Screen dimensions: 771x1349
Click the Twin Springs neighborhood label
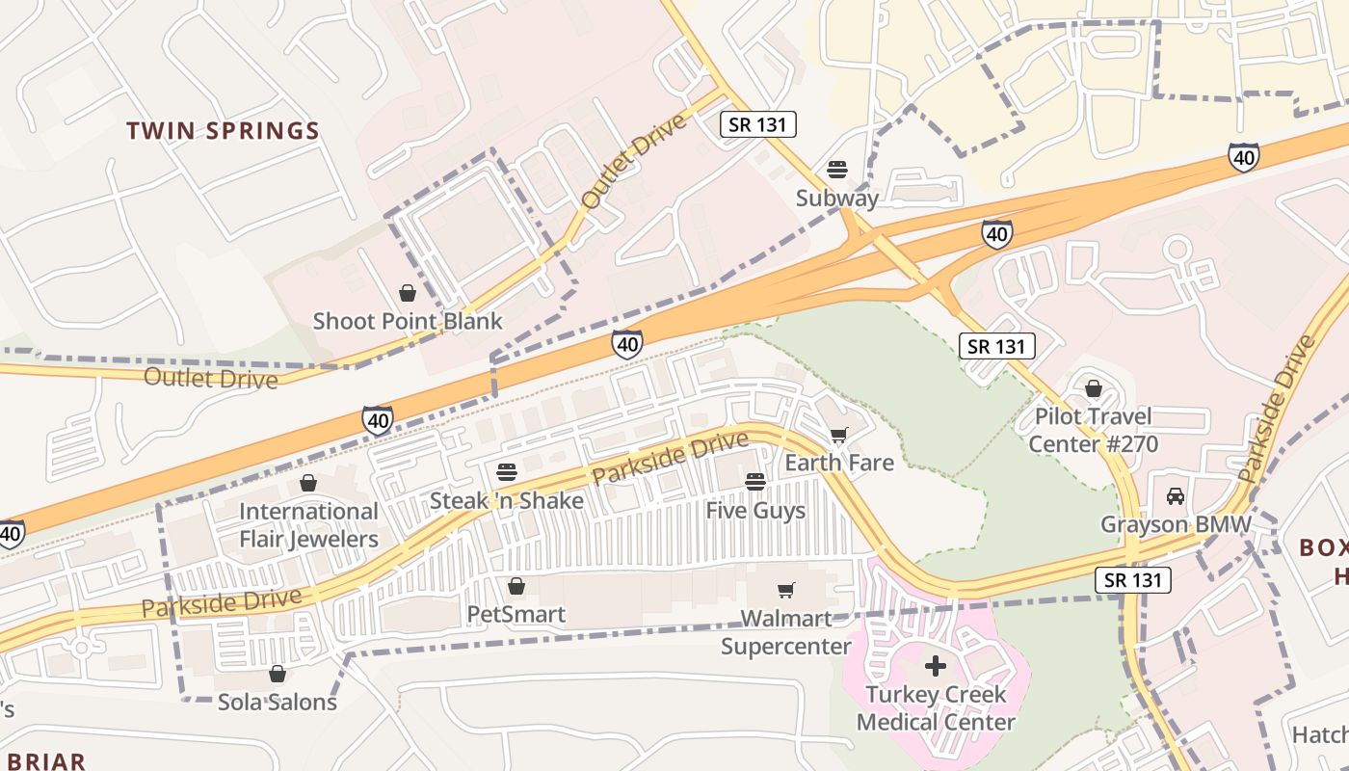tap(223, 131)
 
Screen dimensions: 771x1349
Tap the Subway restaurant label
tap(836, 199)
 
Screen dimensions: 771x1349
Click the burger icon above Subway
tap(836, 171)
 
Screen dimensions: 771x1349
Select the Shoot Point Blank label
tap(408, 321)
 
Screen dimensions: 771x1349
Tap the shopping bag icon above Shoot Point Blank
tap(408, 293)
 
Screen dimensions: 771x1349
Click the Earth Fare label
tap(838, 463)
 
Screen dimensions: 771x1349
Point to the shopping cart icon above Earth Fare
tap(838, 435)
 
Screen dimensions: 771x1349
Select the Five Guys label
tap(755, 510)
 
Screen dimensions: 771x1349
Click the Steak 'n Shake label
tap(507, 500)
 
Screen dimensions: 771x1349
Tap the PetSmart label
tap(516, 614)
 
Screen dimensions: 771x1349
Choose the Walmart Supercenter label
tap(786, 632)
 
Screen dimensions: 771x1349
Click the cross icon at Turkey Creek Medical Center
tap(936, 666)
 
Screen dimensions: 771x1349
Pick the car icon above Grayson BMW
tap(1176, 496)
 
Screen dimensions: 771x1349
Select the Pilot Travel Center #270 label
tap(1093, 430)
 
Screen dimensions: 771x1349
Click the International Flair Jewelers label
tap(308, 525)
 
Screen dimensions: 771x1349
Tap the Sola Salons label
tap(278, 702)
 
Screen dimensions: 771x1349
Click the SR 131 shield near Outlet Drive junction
tap(758, 123)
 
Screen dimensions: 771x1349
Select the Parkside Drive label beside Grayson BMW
tap(1277, 410)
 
